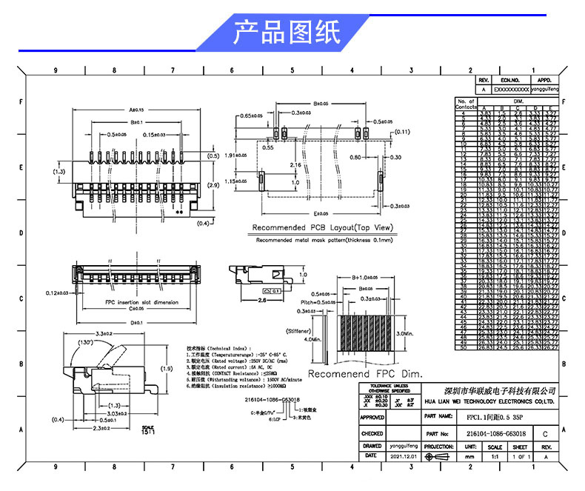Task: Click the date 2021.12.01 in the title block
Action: click(404, 457)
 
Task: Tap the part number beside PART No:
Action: click(496, 433)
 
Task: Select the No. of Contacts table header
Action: click(466, 104)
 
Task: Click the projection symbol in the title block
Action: click(440, 457)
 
